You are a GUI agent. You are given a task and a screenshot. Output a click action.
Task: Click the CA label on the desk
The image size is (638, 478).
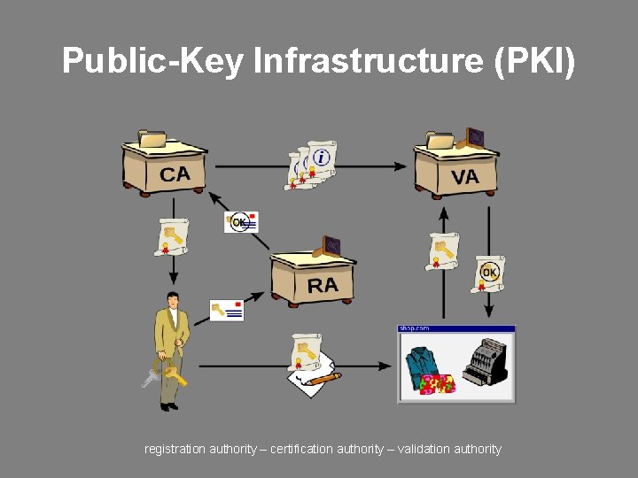(175, 173)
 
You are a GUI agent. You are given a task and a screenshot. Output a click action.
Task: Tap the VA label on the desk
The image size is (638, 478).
(464, 177)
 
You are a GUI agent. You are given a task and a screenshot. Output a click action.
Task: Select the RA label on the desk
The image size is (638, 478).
(323, 284)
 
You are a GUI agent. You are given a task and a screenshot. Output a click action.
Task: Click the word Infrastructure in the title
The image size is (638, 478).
(364, 61)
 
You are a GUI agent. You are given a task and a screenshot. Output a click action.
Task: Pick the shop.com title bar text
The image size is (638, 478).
(415, 328)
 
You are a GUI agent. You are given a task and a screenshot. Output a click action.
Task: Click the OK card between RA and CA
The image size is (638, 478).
(241, 221)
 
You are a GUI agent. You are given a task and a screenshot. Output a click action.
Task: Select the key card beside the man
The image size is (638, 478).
(227, 310)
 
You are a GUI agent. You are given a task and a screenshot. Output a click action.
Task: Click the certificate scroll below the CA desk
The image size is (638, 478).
(171, 235)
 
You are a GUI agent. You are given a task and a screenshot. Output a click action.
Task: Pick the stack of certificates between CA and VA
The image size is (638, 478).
(312, 165)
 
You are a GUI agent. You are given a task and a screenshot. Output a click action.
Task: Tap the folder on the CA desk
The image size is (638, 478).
(152, 139)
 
